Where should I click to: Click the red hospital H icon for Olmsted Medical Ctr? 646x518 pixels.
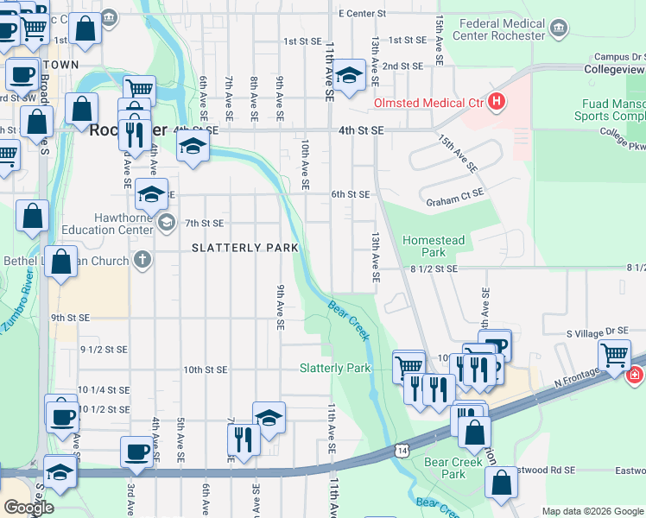tap(496, 103)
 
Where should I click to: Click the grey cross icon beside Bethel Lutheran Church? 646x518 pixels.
tap(142, 259)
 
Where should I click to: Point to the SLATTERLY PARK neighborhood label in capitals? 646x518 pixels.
tap(244, 248)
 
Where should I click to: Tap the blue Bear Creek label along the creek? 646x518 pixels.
tap(349, 319)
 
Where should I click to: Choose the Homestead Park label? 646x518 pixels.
tap(434, 246)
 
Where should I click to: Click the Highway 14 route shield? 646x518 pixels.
tap(401, 450)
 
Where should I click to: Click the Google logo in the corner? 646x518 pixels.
tap(28, 508)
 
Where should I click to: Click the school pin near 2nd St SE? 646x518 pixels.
tap(350, 75)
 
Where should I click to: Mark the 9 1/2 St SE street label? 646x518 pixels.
tap(104, 350)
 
